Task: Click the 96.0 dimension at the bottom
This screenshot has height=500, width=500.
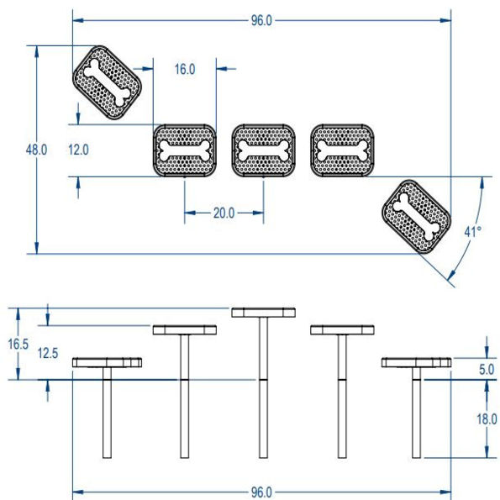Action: tap(261, 491)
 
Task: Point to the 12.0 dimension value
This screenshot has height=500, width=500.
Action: tap(79, 150)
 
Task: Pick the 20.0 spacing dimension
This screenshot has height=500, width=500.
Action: tap(224, 213)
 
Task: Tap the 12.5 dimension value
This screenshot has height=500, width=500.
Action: tap(48, 353)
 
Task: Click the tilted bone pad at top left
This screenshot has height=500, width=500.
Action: tap(106, 83)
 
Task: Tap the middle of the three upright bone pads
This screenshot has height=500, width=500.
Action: tap(264, 150)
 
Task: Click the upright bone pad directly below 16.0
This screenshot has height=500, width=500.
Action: tap(185, 150)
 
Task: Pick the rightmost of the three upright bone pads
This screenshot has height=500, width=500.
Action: tap(343, 150)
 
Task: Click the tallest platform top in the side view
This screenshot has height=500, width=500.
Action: tap(263, 312)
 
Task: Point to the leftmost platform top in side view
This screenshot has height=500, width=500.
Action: tap(107, 362)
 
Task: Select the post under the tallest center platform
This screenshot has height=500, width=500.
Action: tap(263, 387)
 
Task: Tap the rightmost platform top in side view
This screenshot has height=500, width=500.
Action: tap(416, 362)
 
